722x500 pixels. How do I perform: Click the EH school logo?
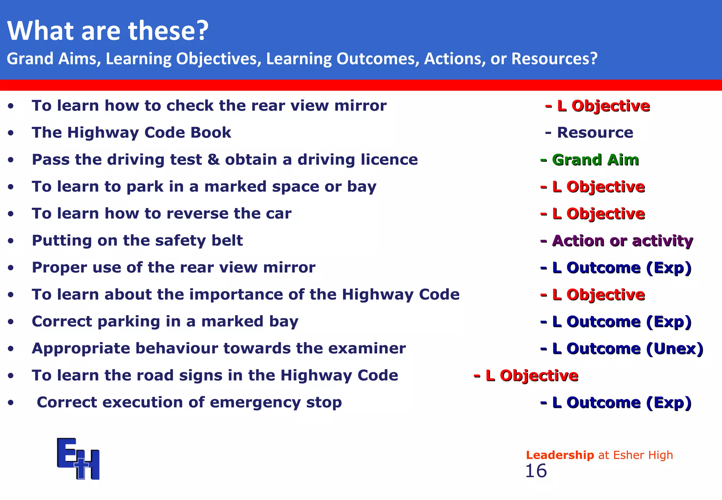pyautogui.click(x=78, y=458)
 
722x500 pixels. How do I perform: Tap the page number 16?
pyautogui.click(x=536, y=471)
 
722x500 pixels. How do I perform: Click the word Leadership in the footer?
pyautogui.click(x=560, y=455)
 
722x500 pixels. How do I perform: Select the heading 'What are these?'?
pyautogui.click(x=108, y=31)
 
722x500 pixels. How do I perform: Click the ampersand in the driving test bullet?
pyautogui.click(x=213, y=159)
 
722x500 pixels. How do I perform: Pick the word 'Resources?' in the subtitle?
pyautogui.click(x=554, y=59)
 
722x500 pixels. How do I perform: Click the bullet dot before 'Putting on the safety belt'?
pyautogui.click(x=11, y=241)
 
